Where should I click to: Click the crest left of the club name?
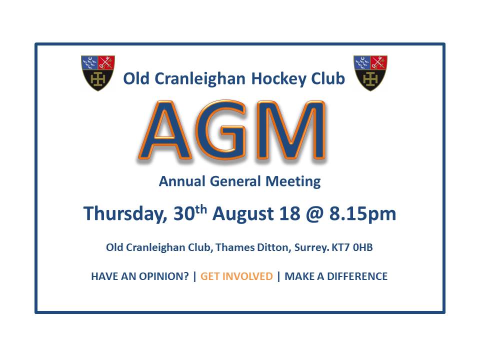pyautogui.click(x=98, y=73)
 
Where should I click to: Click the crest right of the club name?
pyautogui.click(x=370, y=73)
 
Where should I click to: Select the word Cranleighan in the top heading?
pyautogui.click(x=200, y=79)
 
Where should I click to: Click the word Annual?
pyautogui.click(x=182, y=181)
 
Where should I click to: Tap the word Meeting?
pyautogui.click(x=293, y=181)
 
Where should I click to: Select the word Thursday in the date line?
pyautogui.click(x=125, y=213)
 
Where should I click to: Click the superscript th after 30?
pyautogui.click(x=201, y=209)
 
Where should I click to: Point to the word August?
pyautogui.click(x=243, y=213)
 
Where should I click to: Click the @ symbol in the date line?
pyautogui.click(x=314, y=213)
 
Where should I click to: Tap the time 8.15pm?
pyautogui.click(x=363, y=213)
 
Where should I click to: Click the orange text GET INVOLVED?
pyautogui.click(x=236, y=276)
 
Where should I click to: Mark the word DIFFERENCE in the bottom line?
pyautogui.click(x=357, y=276)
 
